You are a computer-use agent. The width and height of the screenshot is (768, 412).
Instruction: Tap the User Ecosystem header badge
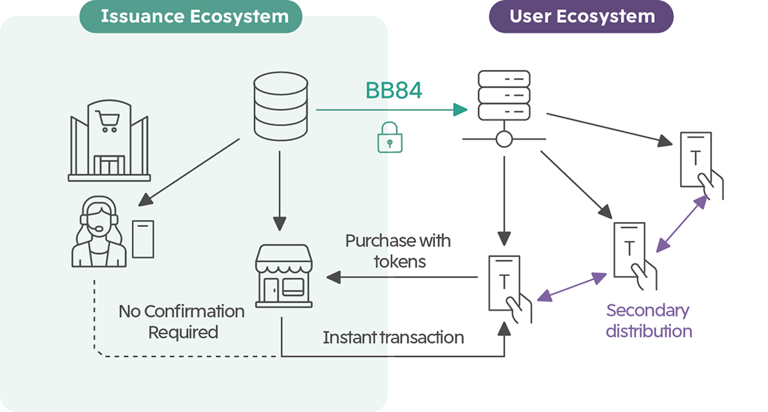[x=582, y=17]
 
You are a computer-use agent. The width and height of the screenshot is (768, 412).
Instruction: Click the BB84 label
[x=394, y=90]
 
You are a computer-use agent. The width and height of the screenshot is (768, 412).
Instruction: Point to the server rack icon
[x=503, y=96]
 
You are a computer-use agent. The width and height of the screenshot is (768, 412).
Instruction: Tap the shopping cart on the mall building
[x=108, y=122]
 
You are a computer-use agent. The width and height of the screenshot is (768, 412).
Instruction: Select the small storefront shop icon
[x=283, y=275]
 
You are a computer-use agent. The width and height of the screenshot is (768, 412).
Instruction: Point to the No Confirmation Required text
[x=182, y=321]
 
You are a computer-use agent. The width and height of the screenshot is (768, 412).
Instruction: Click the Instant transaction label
[x=393, y=338]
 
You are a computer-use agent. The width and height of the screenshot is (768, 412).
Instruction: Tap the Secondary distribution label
[x=648, y=321]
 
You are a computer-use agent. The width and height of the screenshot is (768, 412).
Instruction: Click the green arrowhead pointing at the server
[x=459, y=110]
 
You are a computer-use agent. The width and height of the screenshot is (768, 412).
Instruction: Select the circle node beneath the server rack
[x=503, y=140]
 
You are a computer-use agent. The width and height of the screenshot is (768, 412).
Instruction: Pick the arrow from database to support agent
[x=188, y=171]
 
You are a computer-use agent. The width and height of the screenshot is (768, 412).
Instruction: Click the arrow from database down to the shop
[x=279, y=189]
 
